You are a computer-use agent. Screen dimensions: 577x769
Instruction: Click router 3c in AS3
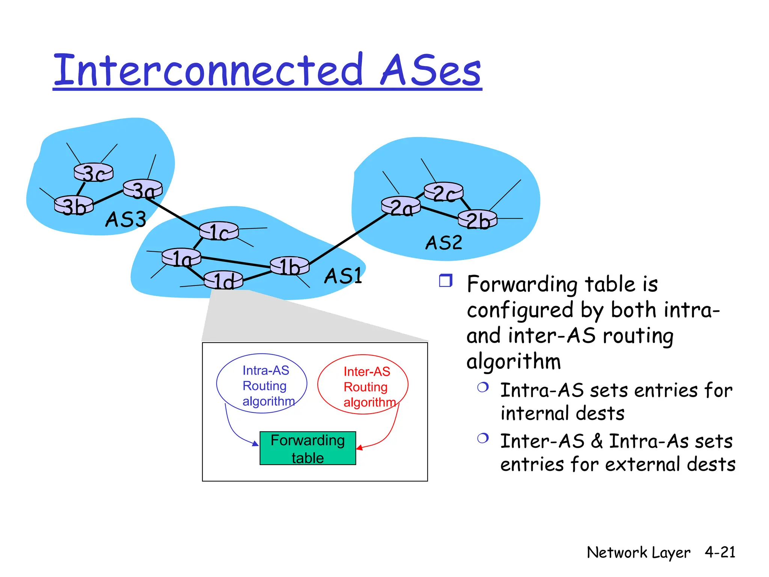[93, 172]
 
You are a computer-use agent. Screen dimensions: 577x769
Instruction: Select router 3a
[143, 189]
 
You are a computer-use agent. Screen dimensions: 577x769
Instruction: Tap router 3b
[74, 205]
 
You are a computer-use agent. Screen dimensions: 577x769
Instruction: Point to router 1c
[219, 231]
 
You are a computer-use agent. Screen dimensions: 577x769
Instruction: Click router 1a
[181, 257]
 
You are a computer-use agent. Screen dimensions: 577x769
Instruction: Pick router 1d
[223, 280]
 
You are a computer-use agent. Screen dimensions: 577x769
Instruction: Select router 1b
[290, 266]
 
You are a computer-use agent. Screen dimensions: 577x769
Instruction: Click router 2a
[401, 206]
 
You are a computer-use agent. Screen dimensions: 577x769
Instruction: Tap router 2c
[443, 192]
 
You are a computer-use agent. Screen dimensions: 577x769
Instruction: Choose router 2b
[478, 219]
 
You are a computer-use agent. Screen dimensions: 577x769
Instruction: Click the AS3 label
[125, 219]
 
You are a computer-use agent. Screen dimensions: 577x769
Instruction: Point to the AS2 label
[443, 243]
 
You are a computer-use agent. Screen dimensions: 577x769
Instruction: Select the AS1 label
[343, 276]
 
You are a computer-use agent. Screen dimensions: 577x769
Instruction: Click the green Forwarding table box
[308, 449]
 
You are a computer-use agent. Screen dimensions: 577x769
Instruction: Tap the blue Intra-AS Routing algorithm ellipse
[262, 384]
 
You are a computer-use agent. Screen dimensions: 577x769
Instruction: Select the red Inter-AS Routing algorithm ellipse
[363, 384]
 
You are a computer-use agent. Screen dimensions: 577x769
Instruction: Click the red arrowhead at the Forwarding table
[359, 447]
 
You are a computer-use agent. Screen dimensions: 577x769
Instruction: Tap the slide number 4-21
[720, 552]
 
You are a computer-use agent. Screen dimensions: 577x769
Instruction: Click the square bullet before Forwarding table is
[446, 281]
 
